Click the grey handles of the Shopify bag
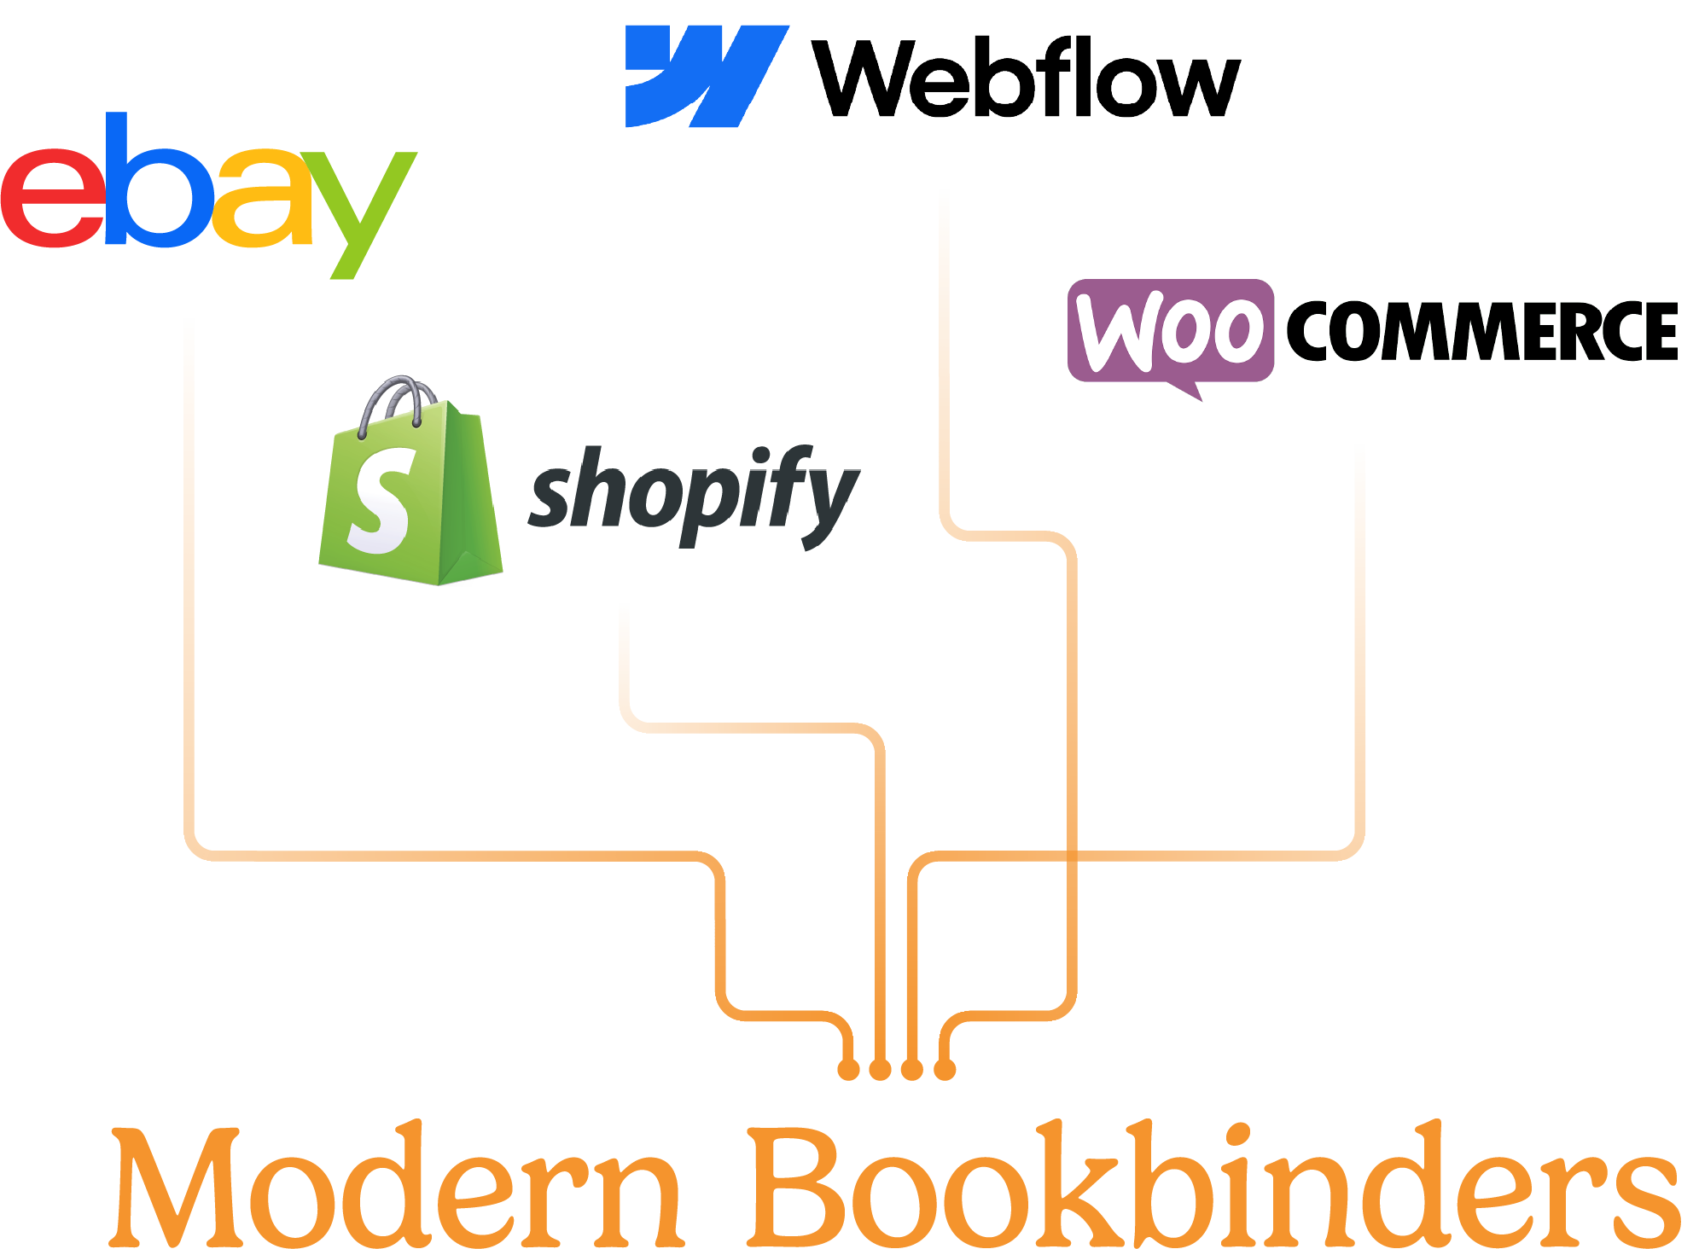394,398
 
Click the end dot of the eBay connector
848,1069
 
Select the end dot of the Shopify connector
880,1069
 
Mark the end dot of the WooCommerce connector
912,1069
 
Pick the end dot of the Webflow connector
945,1069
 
